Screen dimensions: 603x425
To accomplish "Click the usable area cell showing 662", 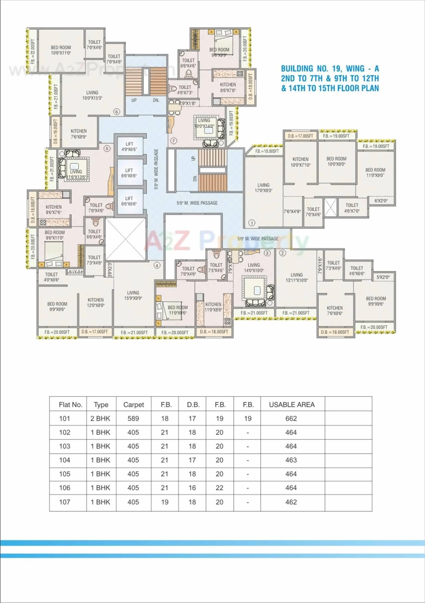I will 291,419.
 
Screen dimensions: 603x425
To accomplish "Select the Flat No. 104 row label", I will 65,460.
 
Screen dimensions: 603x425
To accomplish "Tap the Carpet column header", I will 133,405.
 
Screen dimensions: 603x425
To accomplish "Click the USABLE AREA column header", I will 292,405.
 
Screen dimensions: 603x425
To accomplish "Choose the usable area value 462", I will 291,502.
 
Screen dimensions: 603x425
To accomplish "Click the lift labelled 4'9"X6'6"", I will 129,147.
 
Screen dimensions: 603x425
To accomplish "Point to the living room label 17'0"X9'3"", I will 263,188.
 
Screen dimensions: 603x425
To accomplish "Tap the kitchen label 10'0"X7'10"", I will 300,162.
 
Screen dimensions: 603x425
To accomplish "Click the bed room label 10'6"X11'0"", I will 61,50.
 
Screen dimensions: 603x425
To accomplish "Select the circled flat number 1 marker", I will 252,223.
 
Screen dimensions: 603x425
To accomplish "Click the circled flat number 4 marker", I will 157,265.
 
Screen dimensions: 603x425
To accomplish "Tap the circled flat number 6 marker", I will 116,111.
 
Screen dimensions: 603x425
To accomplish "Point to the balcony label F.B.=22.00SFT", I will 33,51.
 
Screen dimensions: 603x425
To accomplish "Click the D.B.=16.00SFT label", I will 55,131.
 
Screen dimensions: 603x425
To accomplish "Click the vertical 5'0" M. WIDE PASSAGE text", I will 156,169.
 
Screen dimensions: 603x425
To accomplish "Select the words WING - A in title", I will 362,69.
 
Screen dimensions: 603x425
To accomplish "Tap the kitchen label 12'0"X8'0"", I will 96,302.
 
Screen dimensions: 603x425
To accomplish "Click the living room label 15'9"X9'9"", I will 133,295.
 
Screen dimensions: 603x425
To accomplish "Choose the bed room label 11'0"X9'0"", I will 375,172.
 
